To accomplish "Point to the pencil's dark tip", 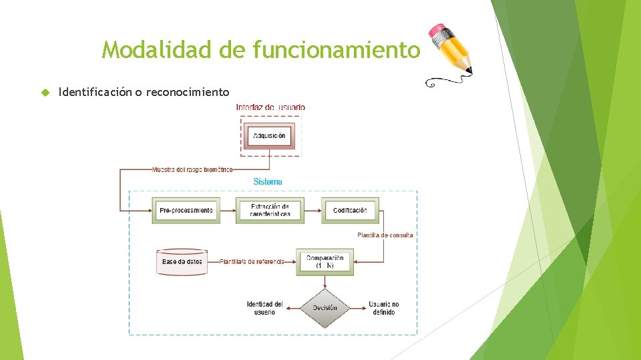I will (x=469, y=70).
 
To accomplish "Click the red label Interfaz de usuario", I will (x=270, y=107).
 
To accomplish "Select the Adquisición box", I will (x=269, y=135).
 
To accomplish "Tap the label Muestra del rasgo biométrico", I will (x=192, y=169).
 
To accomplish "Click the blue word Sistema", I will (x=268, y=181).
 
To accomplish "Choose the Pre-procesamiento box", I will (x=186, y=211).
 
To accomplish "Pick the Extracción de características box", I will (x=270, y=211).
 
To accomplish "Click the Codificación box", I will (x=350, y=211).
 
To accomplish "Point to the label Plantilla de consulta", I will (x=385, y=235).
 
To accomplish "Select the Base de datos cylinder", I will (x=182, y=261).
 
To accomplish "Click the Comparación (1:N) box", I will (x=325, y=261).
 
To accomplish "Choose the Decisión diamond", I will (x=324, y=308).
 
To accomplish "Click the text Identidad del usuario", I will (x=264, y=308).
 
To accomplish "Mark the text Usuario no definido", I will (x=384, y=308).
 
